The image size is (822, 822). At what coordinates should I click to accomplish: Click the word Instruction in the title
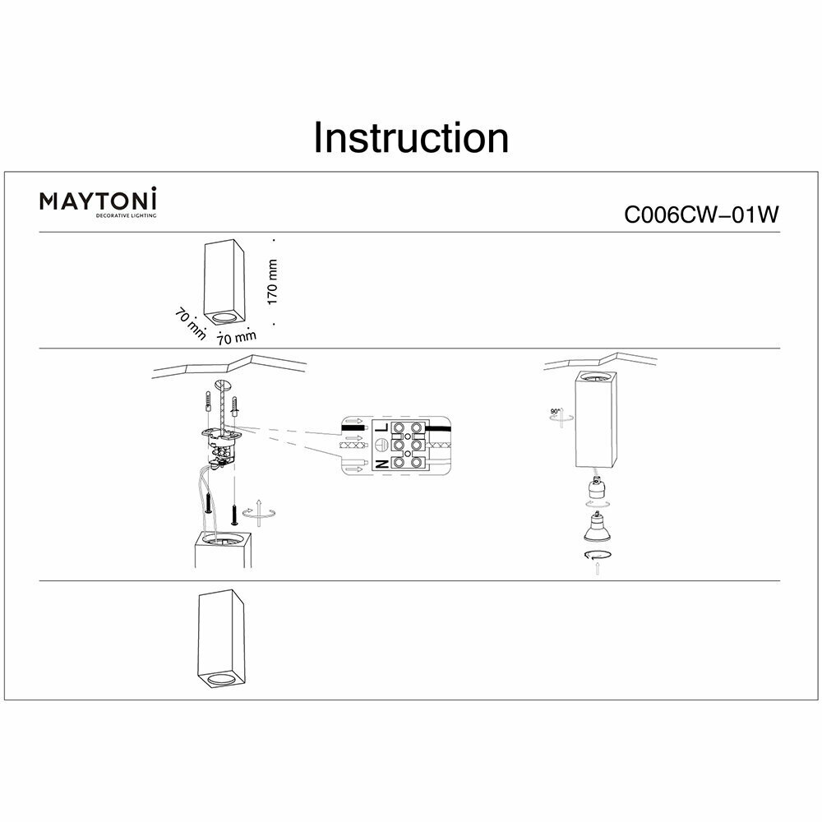[x=411, y=138]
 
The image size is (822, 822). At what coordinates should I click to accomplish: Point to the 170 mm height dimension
[x=274, y=282]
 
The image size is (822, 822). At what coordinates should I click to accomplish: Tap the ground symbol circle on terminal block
[x=381, y=445]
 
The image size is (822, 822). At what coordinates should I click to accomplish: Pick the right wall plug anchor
[x=236, y=407]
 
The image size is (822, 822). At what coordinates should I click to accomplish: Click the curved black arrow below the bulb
[x=593, y=558]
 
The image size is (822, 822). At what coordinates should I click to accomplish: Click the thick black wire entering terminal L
[x=444, y=427]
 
